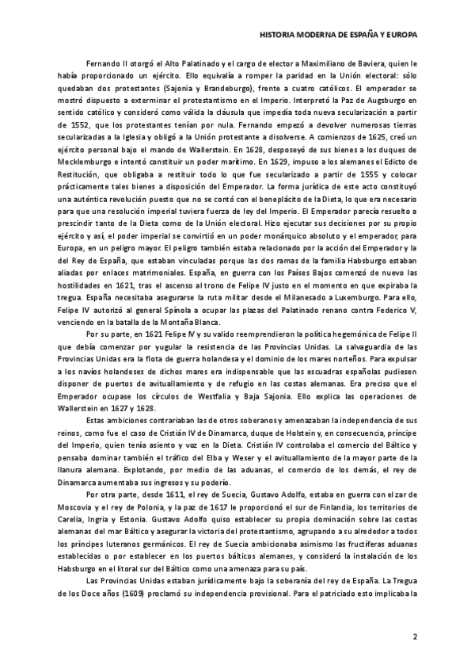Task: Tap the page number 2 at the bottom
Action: pyautogui.click(x=415, y=636)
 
